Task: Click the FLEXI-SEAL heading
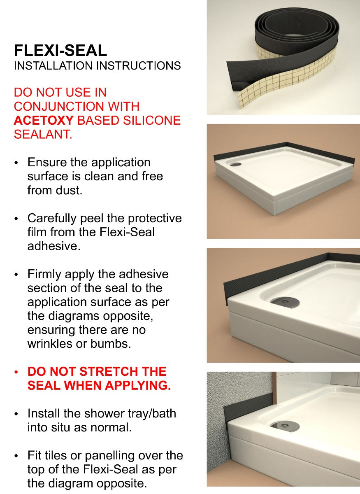[60, 50]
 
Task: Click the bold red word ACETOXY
[44, 120]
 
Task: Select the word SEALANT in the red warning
[43, 134]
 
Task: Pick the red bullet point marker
[16, 372]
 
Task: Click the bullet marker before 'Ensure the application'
[16, 163]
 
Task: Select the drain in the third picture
[285, 301]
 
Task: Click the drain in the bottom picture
[285, 426]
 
